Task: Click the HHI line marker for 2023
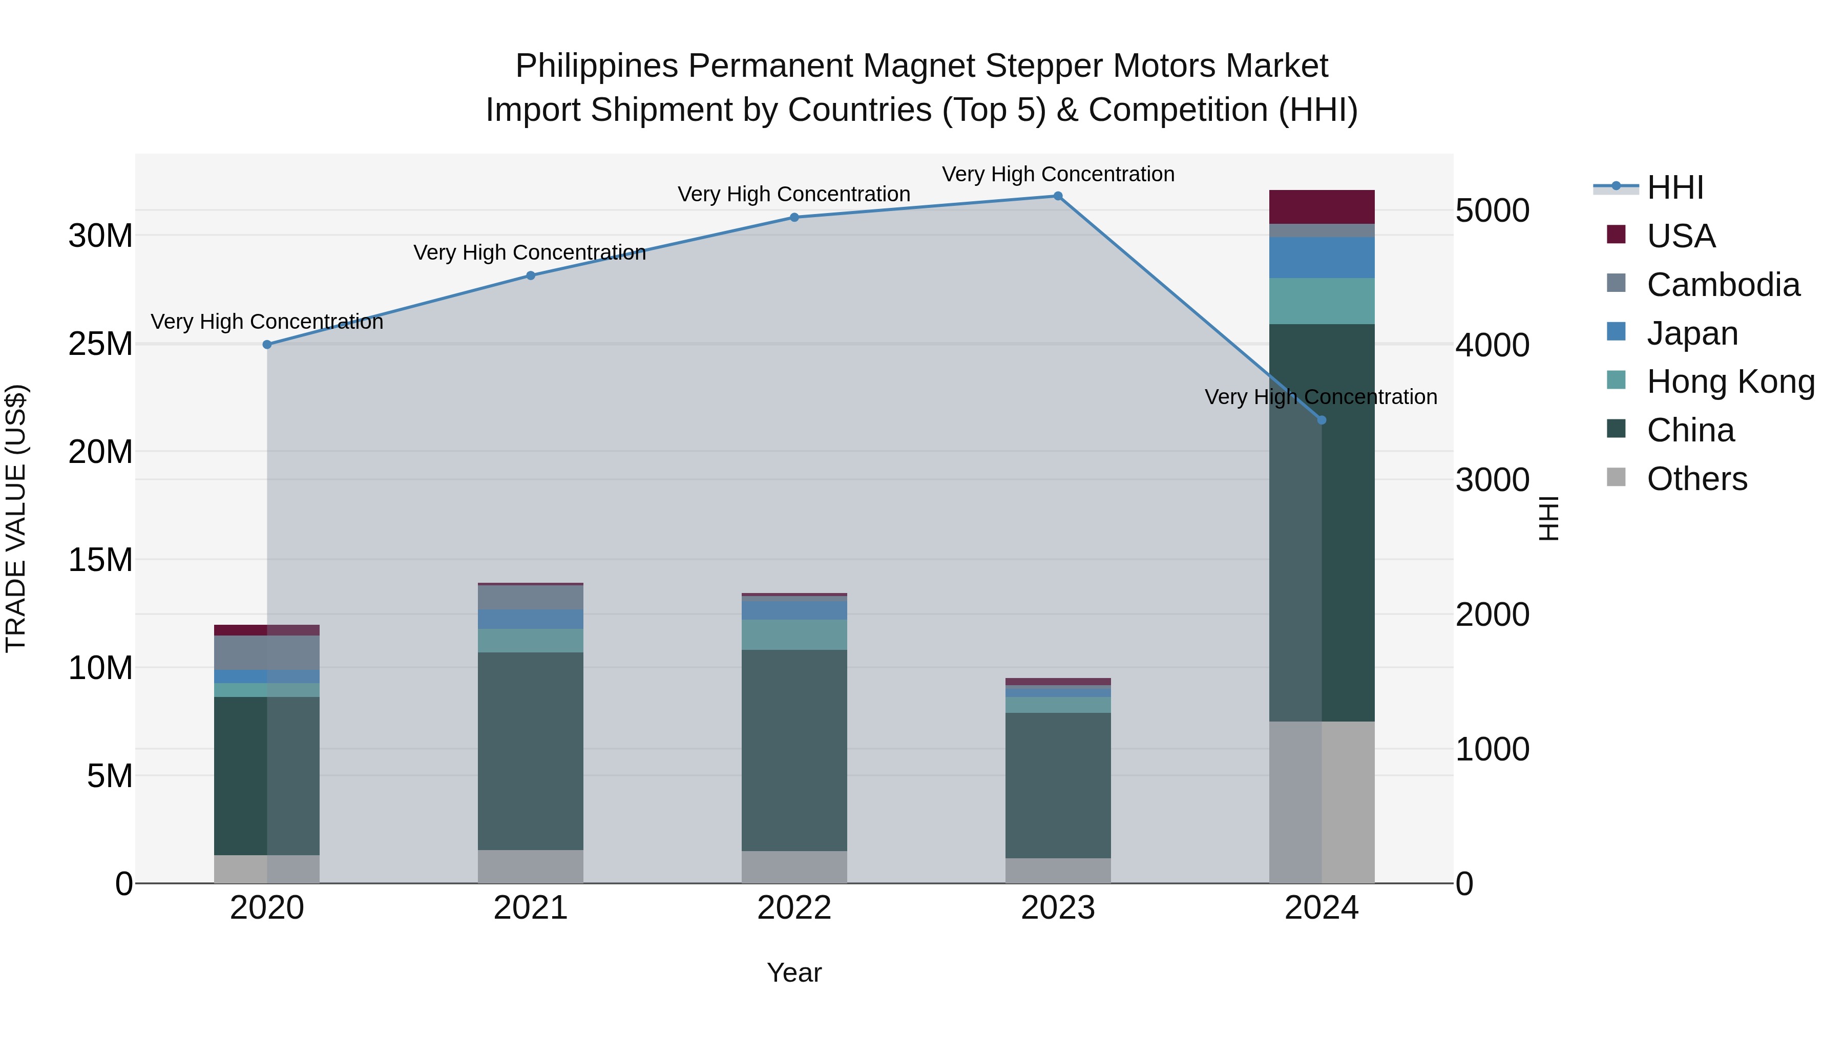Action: [1057, 196]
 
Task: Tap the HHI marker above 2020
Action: [267, 344]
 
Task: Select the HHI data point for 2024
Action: [1322, 420]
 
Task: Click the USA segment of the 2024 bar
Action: [1322, 207]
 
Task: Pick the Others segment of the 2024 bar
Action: [1322, 801]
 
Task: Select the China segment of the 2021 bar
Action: [531, 751]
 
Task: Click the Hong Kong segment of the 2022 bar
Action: [794, 635]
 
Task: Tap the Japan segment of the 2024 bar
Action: [1322, 258]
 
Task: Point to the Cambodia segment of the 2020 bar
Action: [267, 653]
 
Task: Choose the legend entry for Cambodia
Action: [1722, 285]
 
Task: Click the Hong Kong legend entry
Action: [1729, 382]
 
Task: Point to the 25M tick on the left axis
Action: [100, 344]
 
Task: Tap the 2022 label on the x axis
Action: [794, 908]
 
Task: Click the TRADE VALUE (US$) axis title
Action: [16, 518]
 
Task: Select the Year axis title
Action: [794, 972]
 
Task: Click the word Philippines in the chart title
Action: [596, 66]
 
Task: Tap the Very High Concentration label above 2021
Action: [530, 252]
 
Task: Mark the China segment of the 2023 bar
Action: [1057, 785]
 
